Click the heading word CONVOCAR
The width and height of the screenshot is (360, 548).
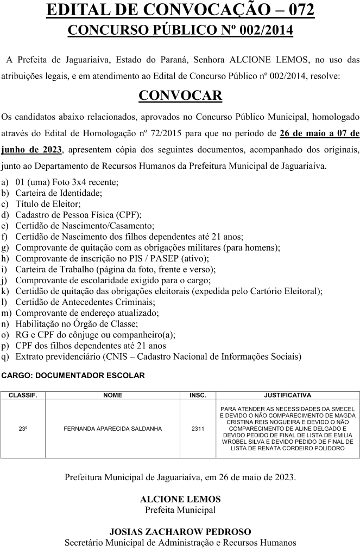pyautogui.click(x=180, y=95)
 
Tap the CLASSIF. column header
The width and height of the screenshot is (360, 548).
pyautogui.click(x=23, y=396)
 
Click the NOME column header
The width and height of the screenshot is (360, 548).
pyautogui.click(x=113, y=396)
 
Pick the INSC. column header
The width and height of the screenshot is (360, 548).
pyautogui.click(x=198, y=396)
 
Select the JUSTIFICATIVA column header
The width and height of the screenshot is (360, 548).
pyautogui.click(x=287, y=396)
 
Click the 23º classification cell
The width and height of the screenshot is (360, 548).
pyautogui.click(x=23, y=429)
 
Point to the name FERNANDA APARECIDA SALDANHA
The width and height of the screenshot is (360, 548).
pyautogui.click(x=113, y=429)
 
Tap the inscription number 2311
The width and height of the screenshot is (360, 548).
pyautogui.click(x=198, y=429)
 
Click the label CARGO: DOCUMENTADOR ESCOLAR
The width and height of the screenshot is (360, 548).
pyautogui.click(x=73, y=375)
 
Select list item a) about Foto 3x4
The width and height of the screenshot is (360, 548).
pyautogui.click(x=67, y=182)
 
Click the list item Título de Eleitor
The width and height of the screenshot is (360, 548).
pyautogui.click(x=48, y=204)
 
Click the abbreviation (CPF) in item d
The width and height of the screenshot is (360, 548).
pyautogui.click(x=130, y=215)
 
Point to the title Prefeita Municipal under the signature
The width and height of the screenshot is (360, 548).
pyautogui.click(x=180, y=510)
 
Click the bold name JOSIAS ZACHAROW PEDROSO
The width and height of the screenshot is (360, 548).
pyautogui.click(x=180, y=532)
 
